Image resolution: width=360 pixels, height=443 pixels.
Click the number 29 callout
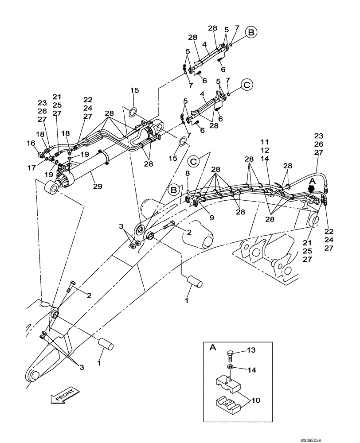(x=98, y=187)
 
